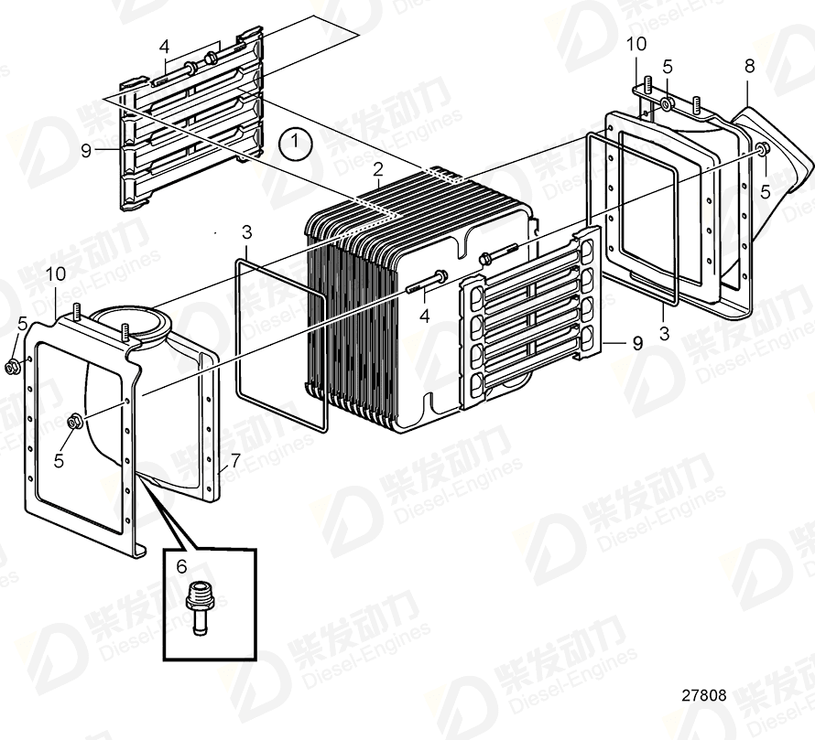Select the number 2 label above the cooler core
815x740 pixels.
click(377, 168)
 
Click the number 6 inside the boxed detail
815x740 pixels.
click(181, 567)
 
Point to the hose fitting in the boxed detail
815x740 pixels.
click(195, 606)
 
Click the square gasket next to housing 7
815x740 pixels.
click(279, 343)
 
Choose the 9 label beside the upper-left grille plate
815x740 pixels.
click(86, 151)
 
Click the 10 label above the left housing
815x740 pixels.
click(57, 273)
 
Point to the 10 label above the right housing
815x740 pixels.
click(636, 43)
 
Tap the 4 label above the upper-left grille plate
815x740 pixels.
click(164, 46)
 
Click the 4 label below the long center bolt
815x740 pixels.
click(424, 316)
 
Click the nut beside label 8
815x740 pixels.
click(762, 150)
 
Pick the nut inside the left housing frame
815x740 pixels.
click(73, 421)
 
